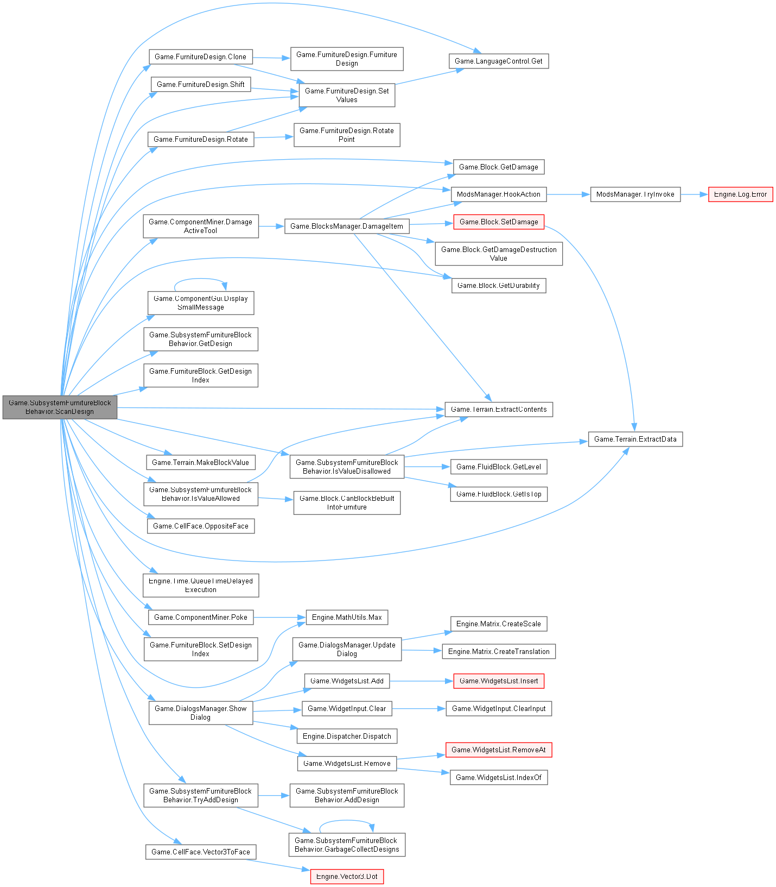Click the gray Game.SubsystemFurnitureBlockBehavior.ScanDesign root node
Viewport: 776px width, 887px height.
[x=60, y=407]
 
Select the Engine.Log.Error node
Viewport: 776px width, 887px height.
[x=740, y=194]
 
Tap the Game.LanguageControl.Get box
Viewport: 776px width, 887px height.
[x=499, y=61]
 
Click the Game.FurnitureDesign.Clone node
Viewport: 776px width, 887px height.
[x=200, y=57]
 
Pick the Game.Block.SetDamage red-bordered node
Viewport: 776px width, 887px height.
[x=498, y=222]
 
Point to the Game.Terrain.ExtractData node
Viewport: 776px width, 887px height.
[x=635, y=439]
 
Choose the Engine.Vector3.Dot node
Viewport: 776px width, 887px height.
[x=347, y=877]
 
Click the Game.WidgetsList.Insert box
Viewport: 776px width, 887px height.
[x=498, y=681]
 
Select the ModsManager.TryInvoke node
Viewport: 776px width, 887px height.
[x=635, y=194]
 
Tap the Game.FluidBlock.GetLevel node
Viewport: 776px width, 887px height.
[x=498, y=467]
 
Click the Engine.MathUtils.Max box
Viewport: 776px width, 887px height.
[x=347, y=618]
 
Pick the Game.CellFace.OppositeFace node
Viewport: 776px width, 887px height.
[x=200, y=526]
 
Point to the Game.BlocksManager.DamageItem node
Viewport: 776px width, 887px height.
[x=346, y=227]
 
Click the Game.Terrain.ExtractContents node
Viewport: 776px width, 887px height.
[x=498, y=410]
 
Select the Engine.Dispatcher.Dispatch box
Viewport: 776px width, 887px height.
[x=347, y=737]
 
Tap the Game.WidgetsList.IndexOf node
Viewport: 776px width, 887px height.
[x=498, y=778]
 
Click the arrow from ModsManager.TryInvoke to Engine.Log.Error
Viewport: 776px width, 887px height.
[x=694, y=194]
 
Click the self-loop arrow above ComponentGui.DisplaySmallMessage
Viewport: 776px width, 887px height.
[x=200, y=279]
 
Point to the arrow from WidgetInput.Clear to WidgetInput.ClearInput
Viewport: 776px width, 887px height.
[x=418, y=709]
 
